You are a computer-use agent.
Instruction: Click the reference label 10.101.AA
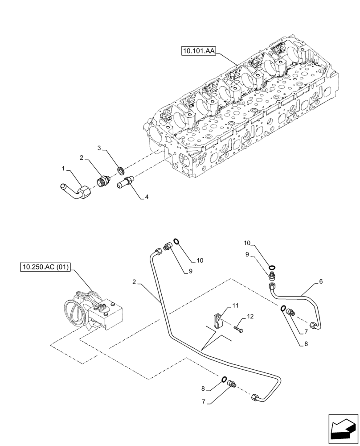pyautogui.click(x=198, y=52)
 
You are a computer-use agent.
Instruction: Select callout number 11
pyautogui.click(x=235, y=306)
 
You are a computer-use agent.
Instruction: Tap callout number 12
pyautogui.click(x=250, y=316)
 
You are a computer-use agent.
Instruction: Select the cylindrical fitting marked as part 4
pyautogui.click(x=125, y=183)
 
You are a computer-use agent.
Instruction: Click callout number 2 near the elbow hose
pyautogui.click(x=82, y=157)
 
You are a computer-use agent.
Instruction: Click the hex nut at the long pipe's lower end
pyautogui.click(x=257, y=397)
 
